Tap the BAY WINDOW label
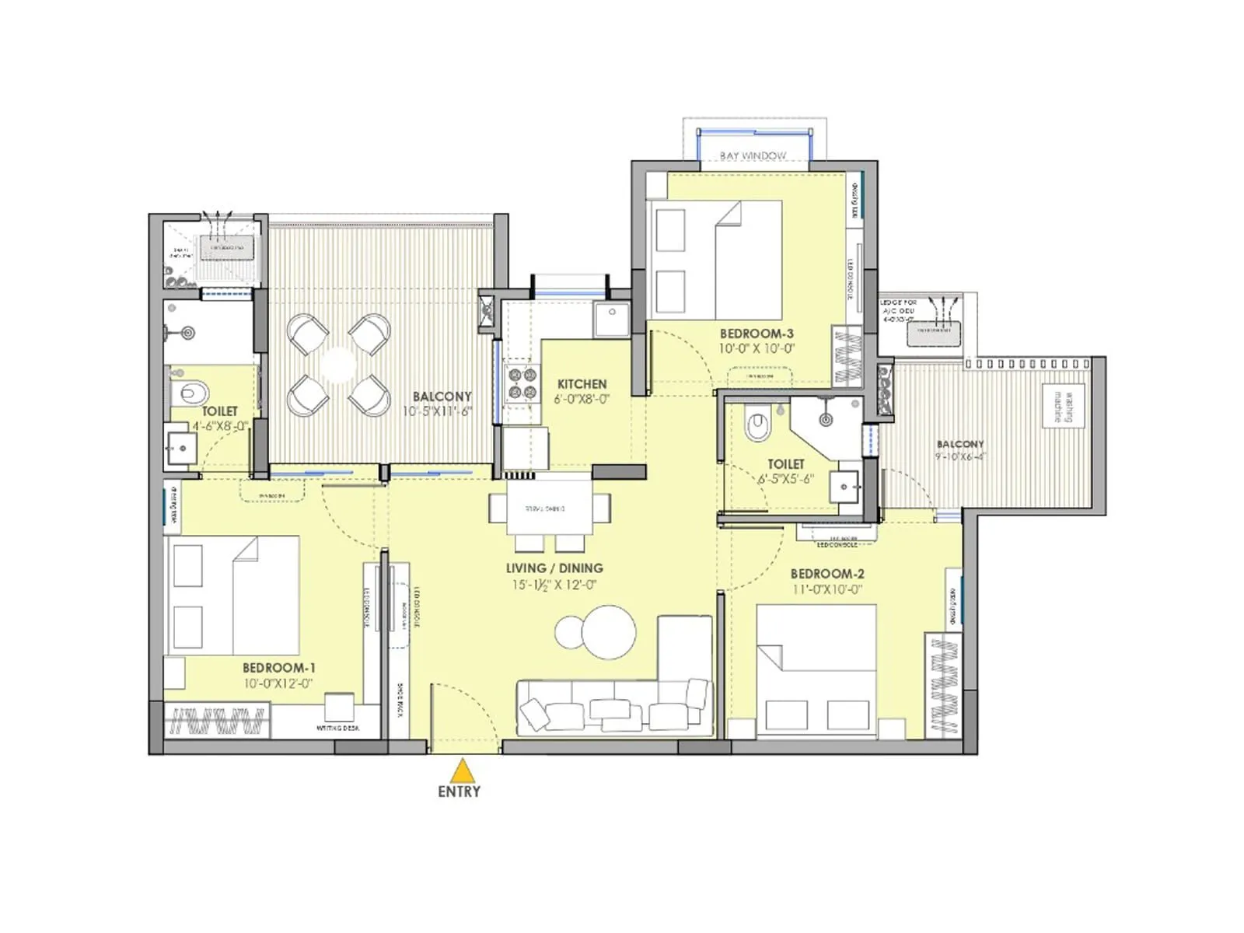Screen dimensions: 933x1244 [x=753, y=155]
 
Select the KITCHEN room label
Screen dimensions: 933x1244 [x=582, y=384]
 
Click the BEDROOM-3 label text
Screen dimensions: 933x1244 [x=756, y=334]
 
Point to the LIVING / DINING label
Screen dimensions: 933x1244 [x=554, y=568]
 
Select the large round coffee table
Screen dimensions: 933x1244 [x=609, y=631]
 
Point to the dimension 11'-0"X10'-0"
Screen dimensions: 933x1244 [x=827, y=589]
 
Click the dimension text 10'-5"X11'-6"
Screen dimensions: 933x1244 [x=437, y=411]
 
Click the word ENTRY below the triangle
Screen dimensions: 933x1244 [x=460, y=791]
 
